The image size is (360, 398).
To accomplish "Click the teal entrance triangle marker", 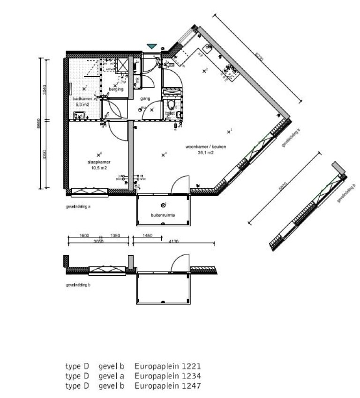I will tap(151, 46).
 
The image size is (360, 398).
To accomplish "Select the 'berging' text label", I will tap(115, 89).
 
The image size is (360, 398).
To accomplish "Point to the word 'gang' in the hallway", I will tap(145, 99).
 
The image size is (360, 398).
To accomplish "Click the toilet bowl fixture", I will tap(171, 104).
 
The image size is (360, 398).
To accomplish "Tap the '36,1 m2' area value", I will tap(206, 152).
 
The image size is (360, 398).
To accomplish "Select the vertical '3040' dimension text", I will tap(45, 89).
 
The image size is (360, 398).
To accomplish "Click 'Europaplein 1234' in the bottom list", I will tap(168, 376).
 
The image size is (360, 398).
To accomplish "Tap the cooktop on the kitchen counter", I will tap(231, 70).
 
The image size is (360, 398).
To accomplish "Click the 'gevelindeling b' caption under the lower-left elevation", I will tap(79, 285).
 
